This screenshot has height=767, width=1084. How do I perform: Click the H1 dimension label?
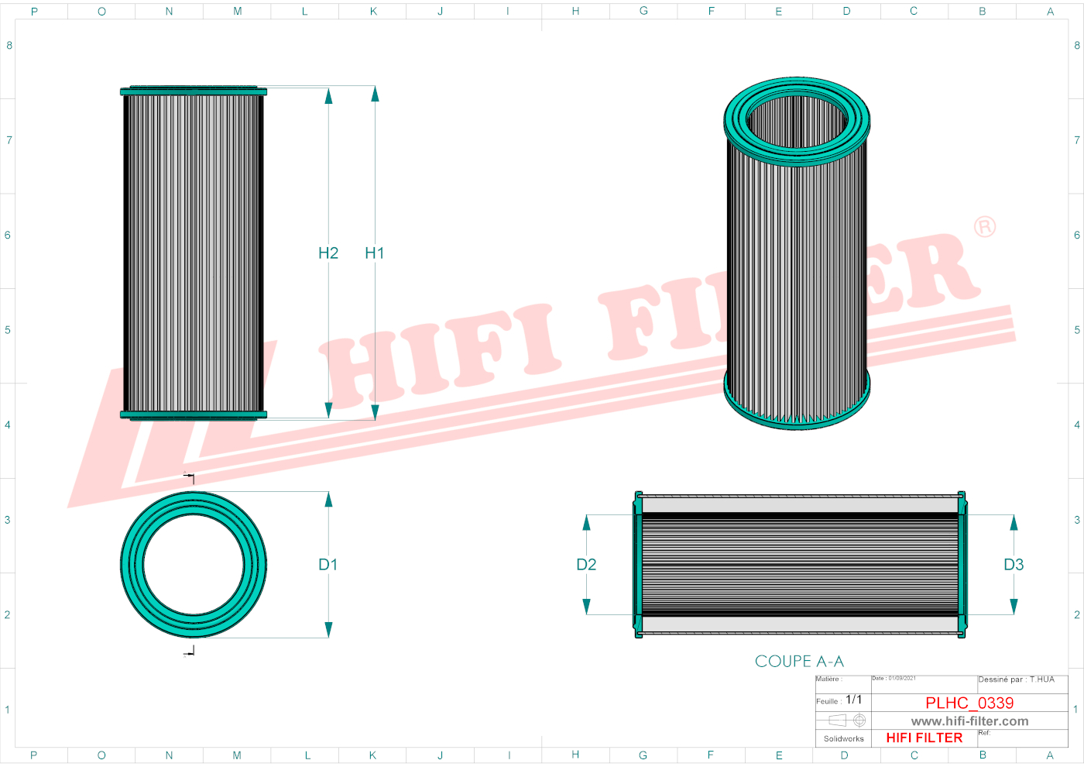[374, 253]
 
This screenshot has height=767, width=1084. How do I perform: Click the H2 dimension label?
[328, 253]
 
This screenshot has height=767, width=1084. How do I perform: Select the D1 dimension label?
[328, 565]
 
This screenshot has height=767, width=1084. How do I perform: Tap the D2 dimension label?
[586, 565]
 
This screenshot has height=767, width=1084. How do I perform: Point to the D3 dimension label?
[1014, 565]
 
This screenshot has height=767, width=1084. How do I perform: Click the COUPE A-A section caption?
[799, 662]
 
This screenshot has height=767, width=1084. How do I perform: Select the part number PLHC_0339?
[969, 703]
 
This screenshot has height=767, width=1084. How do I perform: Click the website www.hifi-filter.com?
[969, 721]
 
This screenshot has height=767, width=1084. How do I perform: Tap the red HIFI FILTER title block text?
[924, 738]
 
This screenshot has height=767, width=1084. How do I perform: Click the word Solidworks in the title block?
[843, 739]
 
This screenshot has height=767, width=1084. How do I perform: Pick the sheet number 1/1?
[853, 700]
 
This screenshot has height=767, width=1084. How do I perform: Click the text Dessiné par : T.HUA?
[1016, 679]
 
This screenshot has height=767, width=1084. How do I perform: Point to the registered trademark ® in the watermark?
[984, 227]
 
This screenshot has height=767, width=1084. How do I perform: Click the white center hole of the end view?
[194, 565]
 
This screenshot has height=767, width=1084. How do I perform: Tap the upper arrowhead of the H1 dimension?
[375, 95]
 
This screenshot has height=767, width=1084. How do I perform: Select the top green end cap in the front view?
[194, 91]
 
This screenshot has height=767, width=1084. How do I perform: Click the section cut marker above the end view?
[190, 478]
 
